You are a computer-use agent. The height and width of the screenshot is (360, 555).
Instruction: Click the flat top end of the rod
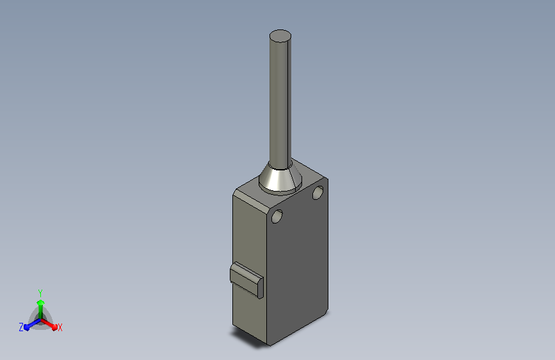point(280,36)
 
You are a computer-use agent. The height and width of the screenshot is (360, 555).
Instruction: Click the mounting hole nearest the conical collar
point(318,192)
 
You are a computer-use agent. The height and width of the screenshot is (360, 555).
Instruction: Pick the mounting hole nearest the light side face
point(277,216)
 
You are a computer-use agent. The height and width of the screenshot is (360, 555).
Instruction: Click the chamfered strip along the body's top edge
point(251,202)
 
